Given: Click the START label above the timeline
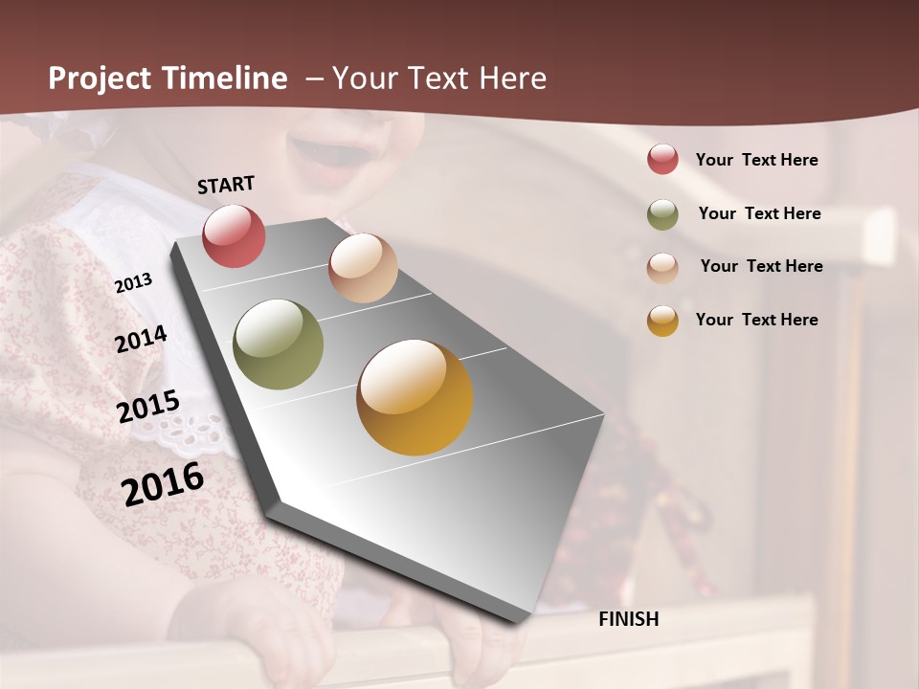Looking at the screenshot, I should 226,185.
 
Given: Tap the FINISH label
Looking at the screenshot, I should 629,619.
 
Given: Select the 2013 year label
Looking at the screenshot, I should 133,283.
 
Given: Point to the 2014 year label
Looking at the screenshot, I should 142,339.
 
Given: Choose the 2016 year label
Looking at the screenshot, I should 163,484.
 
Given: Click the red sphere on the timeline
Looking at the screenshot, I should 234,235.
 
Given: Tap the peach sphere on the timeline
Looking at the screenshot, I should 363,268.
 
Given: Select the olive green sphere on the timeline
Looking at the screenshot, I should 278,344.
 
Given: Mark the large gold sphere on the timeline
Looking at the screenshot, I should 415,397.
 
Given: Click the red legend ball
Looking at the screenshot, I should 662,160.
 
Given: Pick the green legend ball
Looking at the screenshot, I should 662,214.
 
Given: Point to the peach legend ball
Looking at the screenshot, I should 662,267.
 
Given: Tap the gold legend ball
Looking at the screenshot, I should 662,321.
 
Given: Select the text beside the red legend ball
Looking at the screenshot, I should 756,160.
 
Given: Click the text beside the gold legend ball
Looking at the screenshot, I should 756,320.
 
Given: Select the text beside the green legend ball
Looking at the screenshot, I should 759,213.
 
